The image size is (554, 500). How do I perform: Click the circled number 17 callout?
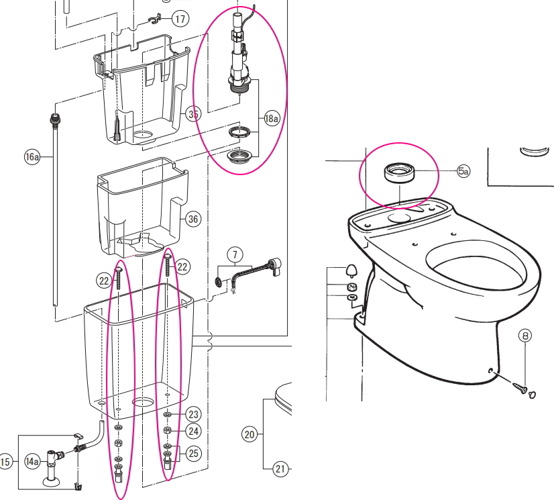pos(180,19)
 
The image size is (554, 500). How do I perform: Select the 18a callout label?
pos(271,119)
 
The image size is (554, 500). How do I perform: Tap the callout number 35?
pos(194,115)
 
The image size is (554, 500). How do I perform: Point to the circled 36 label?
pos(194,219)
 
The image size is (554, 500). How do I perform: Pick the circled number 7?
pos(234,255)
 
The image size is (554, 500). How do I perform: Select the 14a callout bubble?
pos(32,461)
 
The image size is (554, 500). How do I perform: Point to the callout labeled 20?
pos(250,434)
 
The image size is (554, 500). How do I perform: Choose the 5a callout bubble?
pos(463,171)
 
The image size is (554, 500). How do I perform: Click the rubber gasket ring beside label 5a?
pos(399,172)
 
